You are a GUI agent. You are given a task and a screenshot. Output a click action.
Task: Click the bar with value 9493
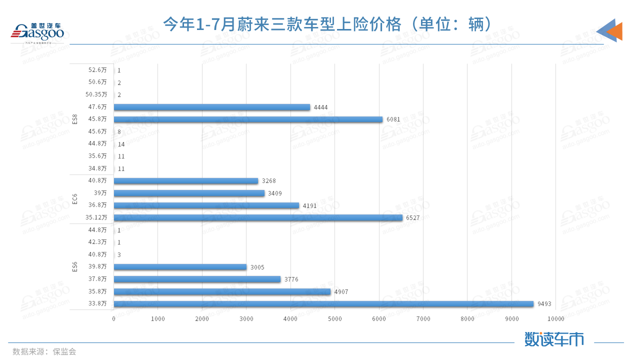pos(323,304)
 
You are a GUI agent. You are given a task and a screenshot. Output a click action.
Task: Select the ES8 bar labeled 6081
pos(248,119)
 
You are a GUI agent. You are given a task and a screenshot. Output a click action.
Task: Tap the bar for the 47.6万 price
pos(212,107)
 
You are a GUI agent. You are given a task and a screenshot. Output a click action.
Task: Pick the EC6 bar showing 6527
pos(258,217)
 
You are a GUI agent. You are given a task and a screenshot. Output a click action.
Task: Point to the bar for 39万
pos(189,193)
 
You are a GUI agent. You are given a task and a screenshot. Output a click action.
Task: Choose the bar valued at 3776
pos(197,279)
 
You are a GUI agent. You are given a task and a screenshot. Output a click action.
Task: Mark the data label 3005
pos(257,267)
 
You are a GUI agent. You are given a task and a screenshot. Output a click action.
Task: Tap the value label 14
pos(121,144)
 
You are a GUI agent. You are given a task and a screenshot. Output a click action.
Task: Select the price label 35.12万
pos(96,217)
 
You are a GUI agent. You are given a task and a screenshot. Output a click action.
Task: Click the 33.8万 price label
pos(97,304)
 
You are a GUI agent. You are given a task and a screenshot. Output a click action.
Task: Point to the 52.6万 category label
pos(97,70)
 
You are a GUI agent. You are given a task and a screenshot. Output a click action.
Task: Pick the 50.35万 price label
pos(96,94)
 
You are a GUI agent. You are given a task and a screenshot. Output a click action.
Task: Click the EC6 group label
pos(75,199)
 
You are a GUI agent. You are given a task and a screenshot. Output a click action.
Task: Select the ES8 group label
pos(75,119)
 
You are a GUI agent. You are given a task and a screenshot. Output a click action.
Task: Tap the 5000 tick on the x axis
pos(335,319)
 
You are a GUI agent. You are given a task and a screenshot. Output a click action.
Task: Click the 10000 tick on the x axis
pos(555,319)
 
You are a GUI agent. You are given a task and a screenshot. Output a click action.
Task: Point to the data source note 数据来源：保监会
pos(44,351)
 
